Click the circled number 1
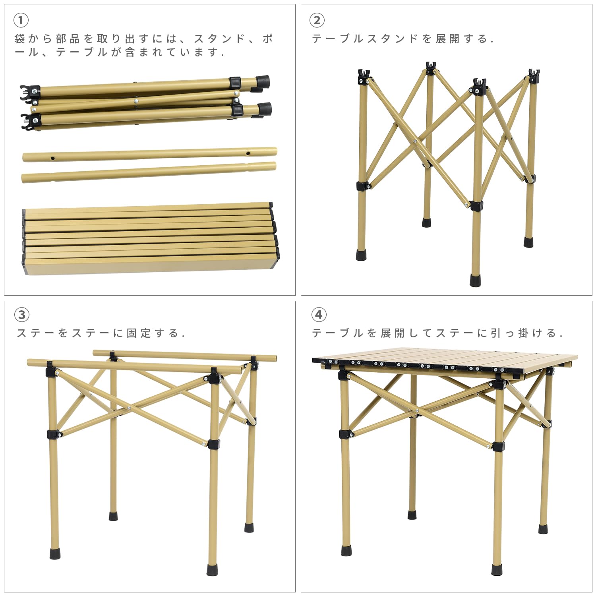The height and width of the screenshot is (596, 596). click(x=21, y=20)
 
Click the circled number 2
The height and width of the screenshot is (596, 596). click(x=317, y=20)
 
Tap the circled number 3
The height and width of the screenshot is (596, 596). click(x=21, y=315)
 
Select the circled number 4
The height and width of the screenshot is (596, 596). click(x=319, y=315)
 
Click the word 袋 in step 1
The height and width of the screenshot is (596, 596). click(x=20, y=39)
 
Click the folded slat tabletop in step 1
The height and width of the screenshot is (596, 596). click(x=149, y=240)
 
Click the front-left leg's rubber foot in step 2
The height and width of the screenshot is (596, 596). click(x=361, y=255)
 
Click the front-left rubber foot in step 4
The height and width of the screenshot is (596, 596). click(x=346, y=550)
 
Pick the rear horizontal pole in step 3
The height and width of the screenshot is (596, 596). click(x=185, y=355)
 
